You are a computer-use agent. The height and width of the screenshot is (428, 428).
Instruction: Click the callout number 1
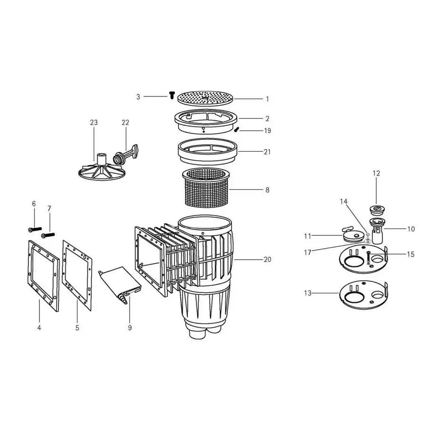(x=267, y=99)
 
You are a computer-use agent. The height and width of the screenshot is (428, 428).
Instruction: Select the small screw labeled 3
(x=171, y=96)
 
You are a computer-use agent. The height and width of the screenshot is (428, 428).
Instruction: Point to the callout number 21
(x=267, y=152)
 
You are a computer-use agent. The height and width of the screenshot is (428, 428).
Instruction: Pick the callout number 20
(x=267, y=259)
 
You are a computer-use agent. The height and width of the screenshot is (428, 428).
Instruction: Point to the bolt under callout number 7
(x=49, y=234)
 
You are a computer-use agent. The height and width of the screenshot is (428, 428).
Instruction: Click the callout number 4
(x=39, y=328)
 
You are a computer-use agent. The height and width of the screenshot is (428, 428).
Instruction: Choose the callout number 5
(x=77, y=328)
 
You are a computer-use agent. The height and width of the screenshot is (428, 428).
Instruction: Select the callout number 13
(x=308, y=293)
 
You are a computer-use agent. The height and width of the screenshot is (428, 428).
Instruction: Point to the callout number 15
(x=411, y=254)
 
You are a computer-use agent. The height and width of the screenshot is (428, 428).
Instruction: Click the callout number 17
(x=308, y=253)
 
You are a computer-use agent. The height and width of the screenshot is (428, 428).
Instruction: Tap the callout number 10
(x=411, y=229)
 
